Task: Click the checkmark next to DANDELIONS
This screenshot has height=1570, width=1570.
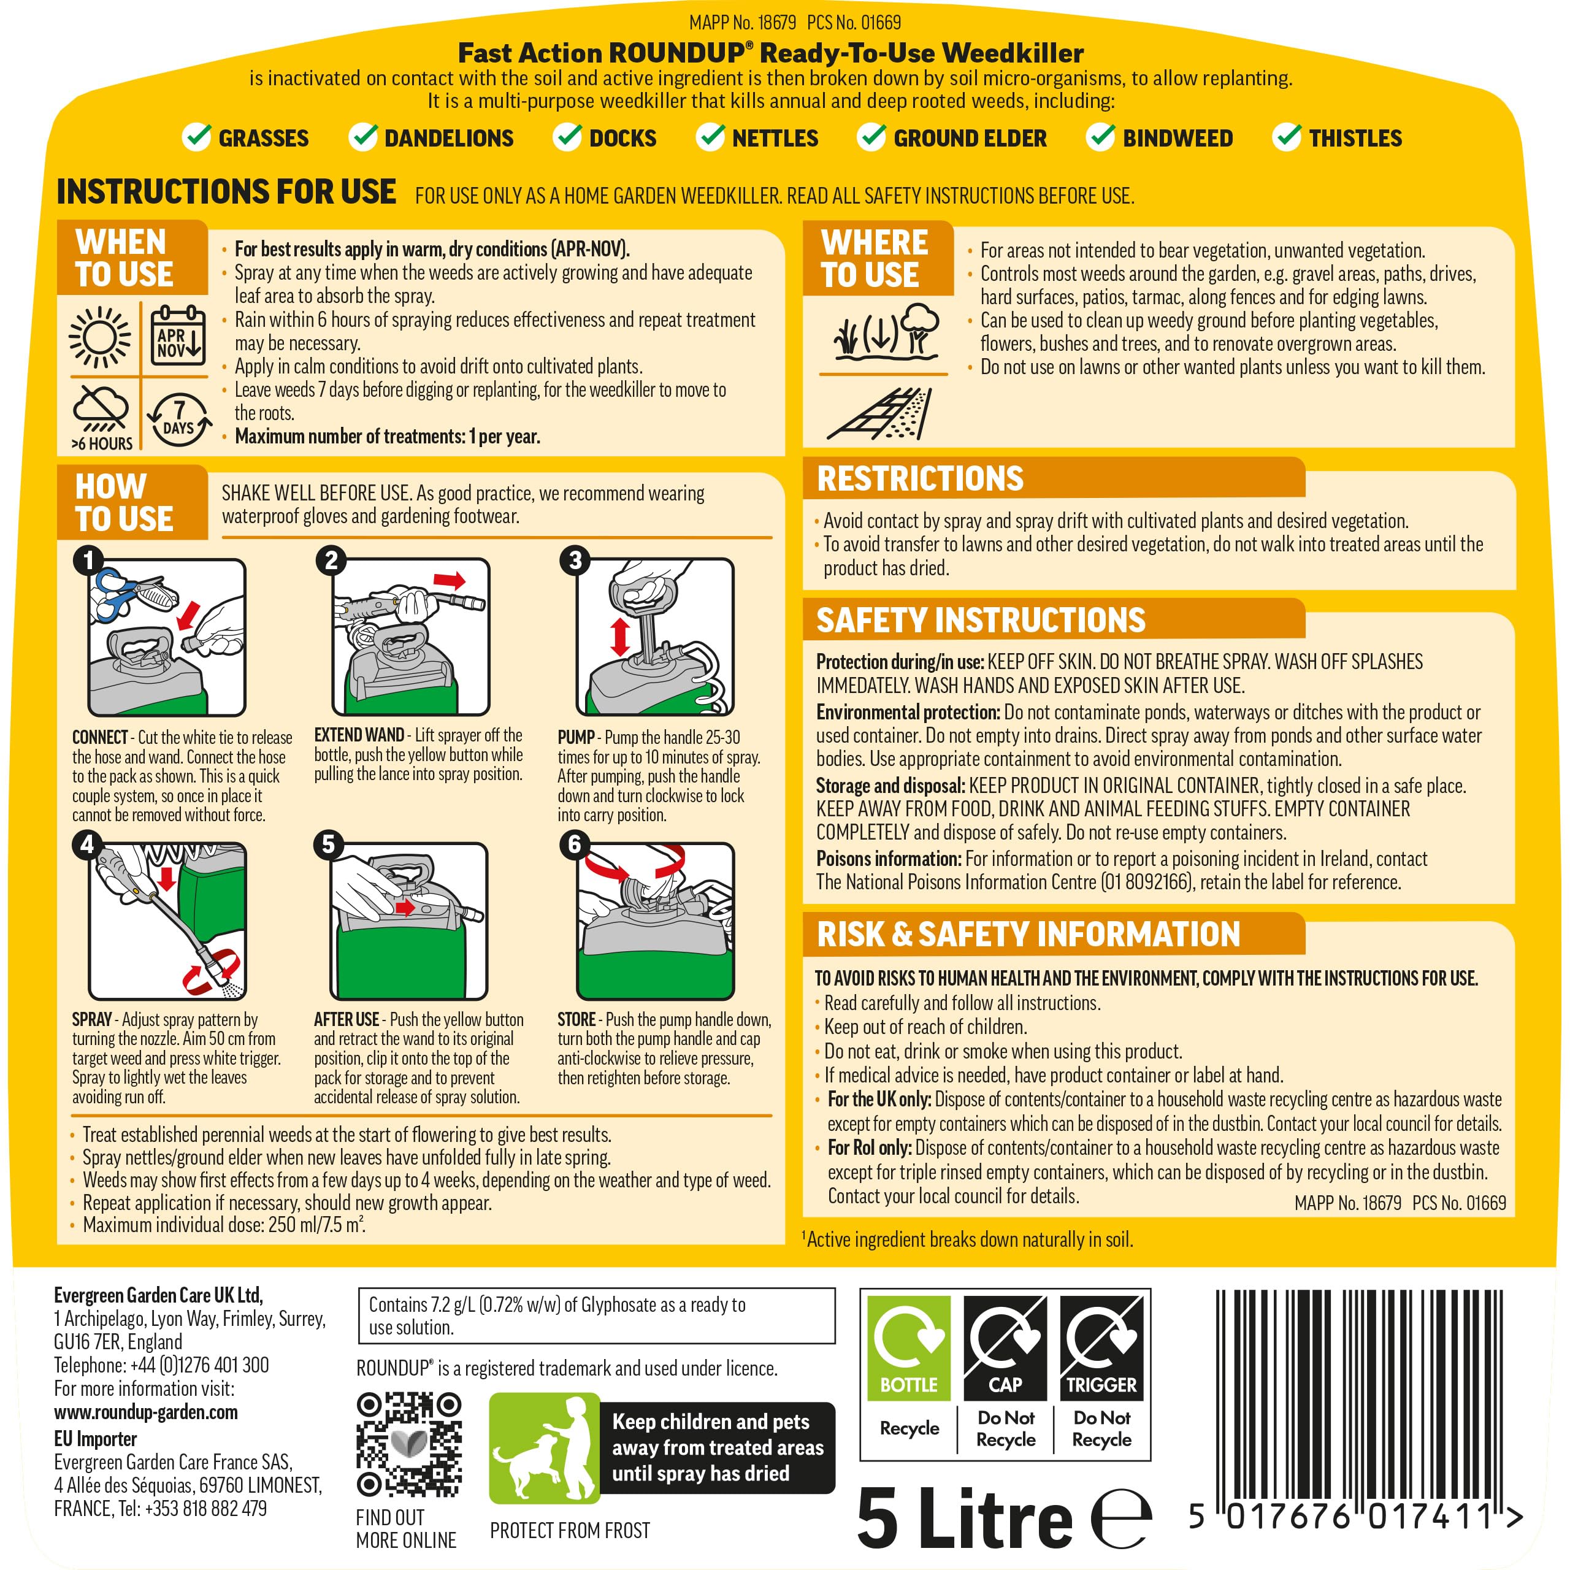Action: point(363,137)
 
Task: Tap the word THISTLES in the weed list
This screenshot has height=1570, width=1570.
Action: point(1355,138)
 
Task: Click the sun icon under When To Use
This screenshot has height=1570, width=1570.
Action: point(99,337)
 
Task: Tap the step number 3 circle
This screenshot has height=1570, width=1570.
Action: point(575,560)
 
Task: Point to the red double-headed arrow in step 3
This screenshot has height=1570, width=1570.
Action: point(620,637)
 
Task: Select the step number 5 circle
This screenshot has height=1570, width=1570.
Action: point(328,844)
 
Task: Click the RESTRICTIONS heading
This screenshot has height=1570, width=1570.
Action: point(920,478)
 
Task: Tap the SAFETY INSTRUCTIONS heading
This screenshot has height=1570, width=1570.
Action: point(981,620)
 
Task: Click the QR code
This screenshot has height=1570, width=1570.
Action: point(409,1444)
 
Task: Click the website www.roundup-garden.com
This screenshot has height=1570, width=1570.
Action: point(147,1412)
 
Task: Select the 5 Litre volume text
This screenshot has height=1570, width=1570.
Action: point(965,1517)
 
